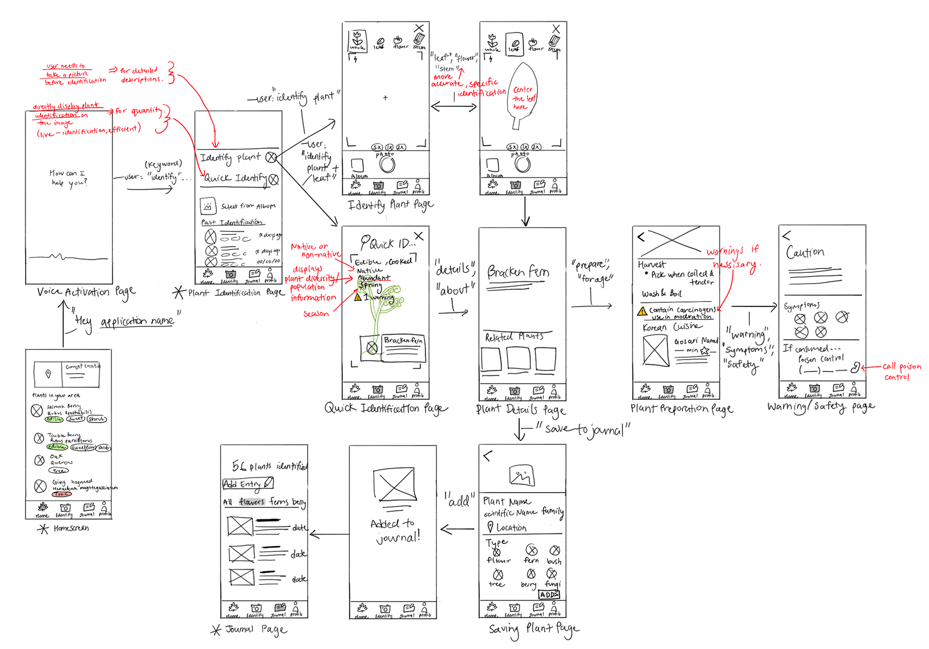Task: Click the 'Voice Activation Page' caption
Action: tap(86, 292)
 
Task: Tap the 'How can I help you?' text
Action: tap(69, 178)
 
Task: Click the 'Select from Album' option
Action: tap(248, 206)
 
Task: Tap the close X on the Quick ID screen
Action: tap(419, 236)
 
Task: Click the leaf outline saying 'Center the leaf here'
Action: tap(523, 97)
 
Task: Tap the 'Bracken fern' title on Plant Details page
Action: tap(518, 272)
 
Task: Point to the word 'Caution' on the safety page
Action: tap(805, 253)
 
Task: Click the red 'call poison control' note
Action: tap(900, 371)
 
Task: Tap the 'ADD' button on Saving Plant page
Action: tap(549, 594)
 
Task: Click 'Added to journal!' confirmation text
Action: tap(395, 530)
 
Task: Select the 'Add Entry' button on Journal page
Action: tap(248, 483)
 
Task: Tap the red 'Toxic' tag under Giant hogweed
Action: tap(62, 494)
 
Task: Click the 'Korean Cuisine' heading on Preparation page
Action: tap(672, 327)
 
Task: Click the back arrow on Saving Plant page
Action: tap(487, 455)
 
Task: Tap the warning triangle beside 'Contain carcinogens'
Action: tap(642, 311)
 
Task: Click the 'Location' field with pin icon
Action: tap(507, 527)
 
